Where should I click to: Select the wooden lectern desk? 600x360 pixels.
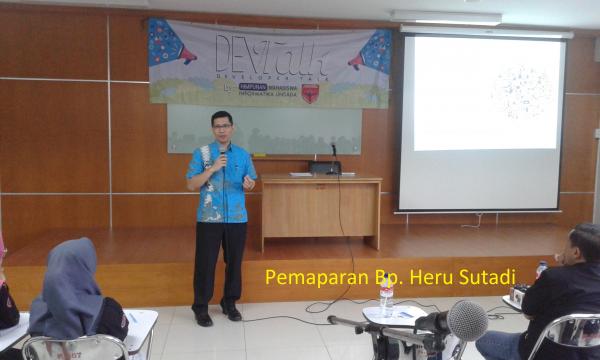pos(320,211)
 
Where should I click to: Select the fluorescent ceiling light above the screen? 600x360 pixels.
pos(446,18)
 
